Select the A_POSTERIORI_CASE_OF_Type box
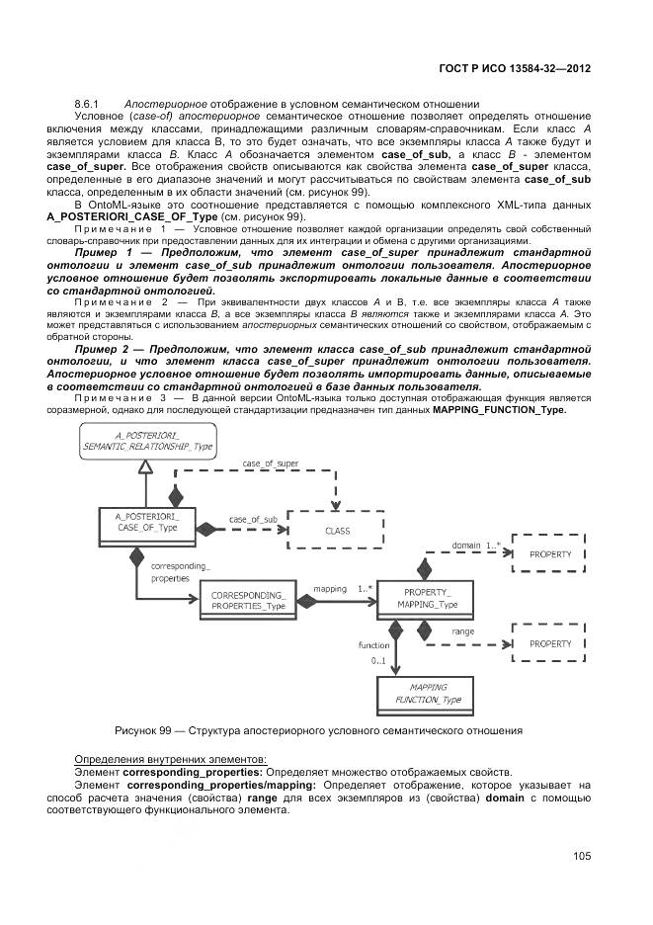(148, 522)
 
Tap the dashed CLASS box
(337, 530)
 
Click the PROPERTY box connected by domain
(550, 554)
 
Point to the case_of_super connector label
(270, 463)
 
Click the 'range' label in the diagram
(462, 630)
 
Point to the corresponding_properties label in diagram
(179, 572)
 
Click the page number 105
(581, 856)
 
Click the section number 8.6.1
(88, 104)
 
